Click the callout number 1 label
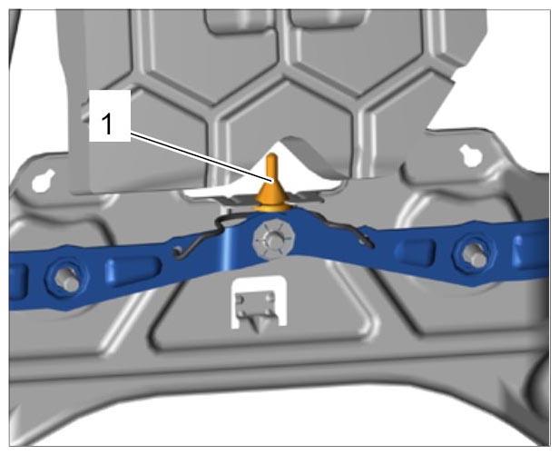107,124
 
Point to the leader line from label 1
202,157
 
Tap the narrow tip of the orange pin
271,155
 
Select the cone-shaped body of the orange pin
271,192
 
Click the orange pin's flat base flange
271,208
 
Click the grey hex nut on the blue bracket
273,240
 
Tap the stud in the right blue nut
475,255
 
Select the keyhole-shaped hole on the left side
43,180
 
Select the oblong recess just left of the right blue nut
417,249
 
